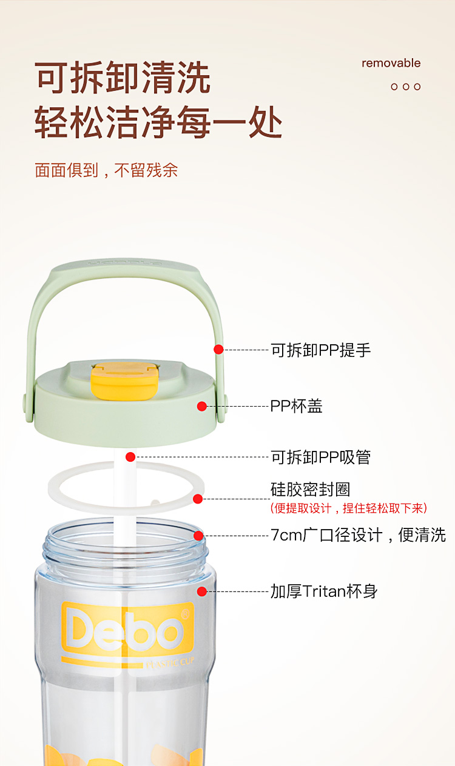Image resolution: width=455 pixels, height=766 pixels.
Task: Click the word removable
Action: (391, 63)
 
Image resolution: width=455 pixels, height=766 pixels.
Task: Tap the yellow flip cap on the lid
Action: (126, 381)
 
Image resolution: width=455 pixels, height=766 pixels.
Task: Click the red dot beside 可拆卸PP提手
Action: (218, 349)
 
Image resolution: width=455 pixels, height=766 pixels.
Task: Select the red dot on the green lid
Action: (202, 406)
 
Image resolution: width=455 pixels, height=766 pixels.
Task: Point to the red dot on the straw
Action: (130, 457)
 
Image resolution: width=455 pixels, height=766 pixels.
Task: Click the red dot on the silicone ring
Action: (198, 499)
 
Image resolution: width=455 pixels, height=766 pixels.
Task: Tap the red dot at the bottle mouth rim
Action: (198, 536)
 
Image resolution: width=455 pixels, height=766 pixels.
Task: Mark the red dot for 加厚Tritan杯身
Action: (202, 591)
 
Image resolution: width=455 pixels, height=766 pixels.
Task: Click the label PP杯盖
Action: (297, 406)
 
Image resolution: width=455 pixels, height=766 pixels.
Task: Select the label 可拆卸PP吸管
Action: (321, 457)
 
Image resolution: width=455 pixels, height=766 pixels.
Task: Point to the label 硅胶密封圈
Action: (310, 489)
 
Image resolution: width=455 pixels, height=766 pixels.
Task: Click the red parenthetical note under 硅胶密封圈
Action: (348, 508)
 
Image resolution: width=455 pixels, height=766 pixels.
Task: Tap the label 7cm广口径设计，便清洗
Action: (358, 535)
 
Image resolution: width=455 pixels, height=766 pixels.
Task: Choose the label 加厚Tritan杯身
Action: (324, 591)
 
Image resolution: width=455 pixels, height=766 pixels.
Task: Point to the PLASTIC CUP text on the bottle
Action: (170, 662)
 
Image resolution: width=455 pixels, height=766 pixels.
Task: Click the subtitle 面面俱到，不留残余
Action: (106, 170)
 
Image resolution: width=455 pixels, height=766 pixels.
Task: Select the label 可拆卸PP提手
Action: (321, 350)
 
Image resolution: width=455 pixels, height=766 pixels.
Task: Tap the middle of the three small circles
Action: (406, 87)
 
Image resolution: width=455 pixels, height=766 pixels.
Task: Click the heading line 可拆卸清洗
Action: (123, 78)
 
